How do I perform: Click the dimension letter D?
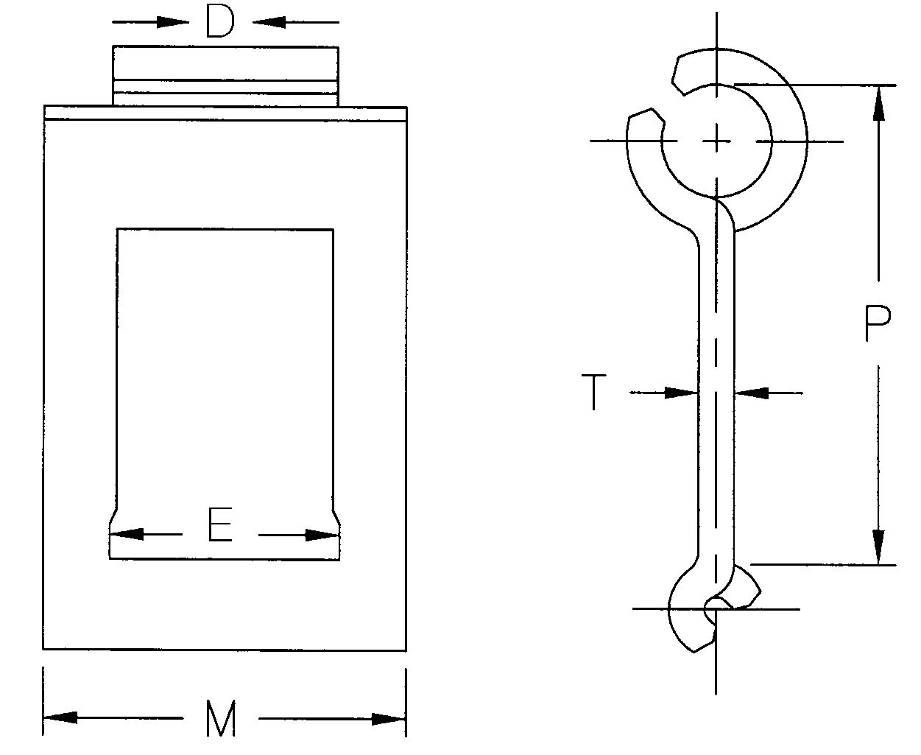tap(219, 22)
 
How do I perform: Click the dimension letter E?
tap(220, 527)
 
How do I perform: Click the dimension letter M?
tap(220, 719)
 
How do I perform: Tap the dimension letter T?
tap(593, 392)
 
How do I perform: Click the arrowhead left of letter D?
tap(172, 22)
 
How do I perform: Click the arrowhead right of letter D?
tap(269, 22)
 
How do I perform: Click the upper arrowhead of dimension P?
tap(878, 102)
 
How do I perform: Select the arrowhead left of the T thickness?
tap(680, 393)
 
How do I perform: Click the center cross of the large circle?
tap(716, 141)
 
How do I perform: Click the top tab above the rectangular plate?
tap(225, 76)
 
